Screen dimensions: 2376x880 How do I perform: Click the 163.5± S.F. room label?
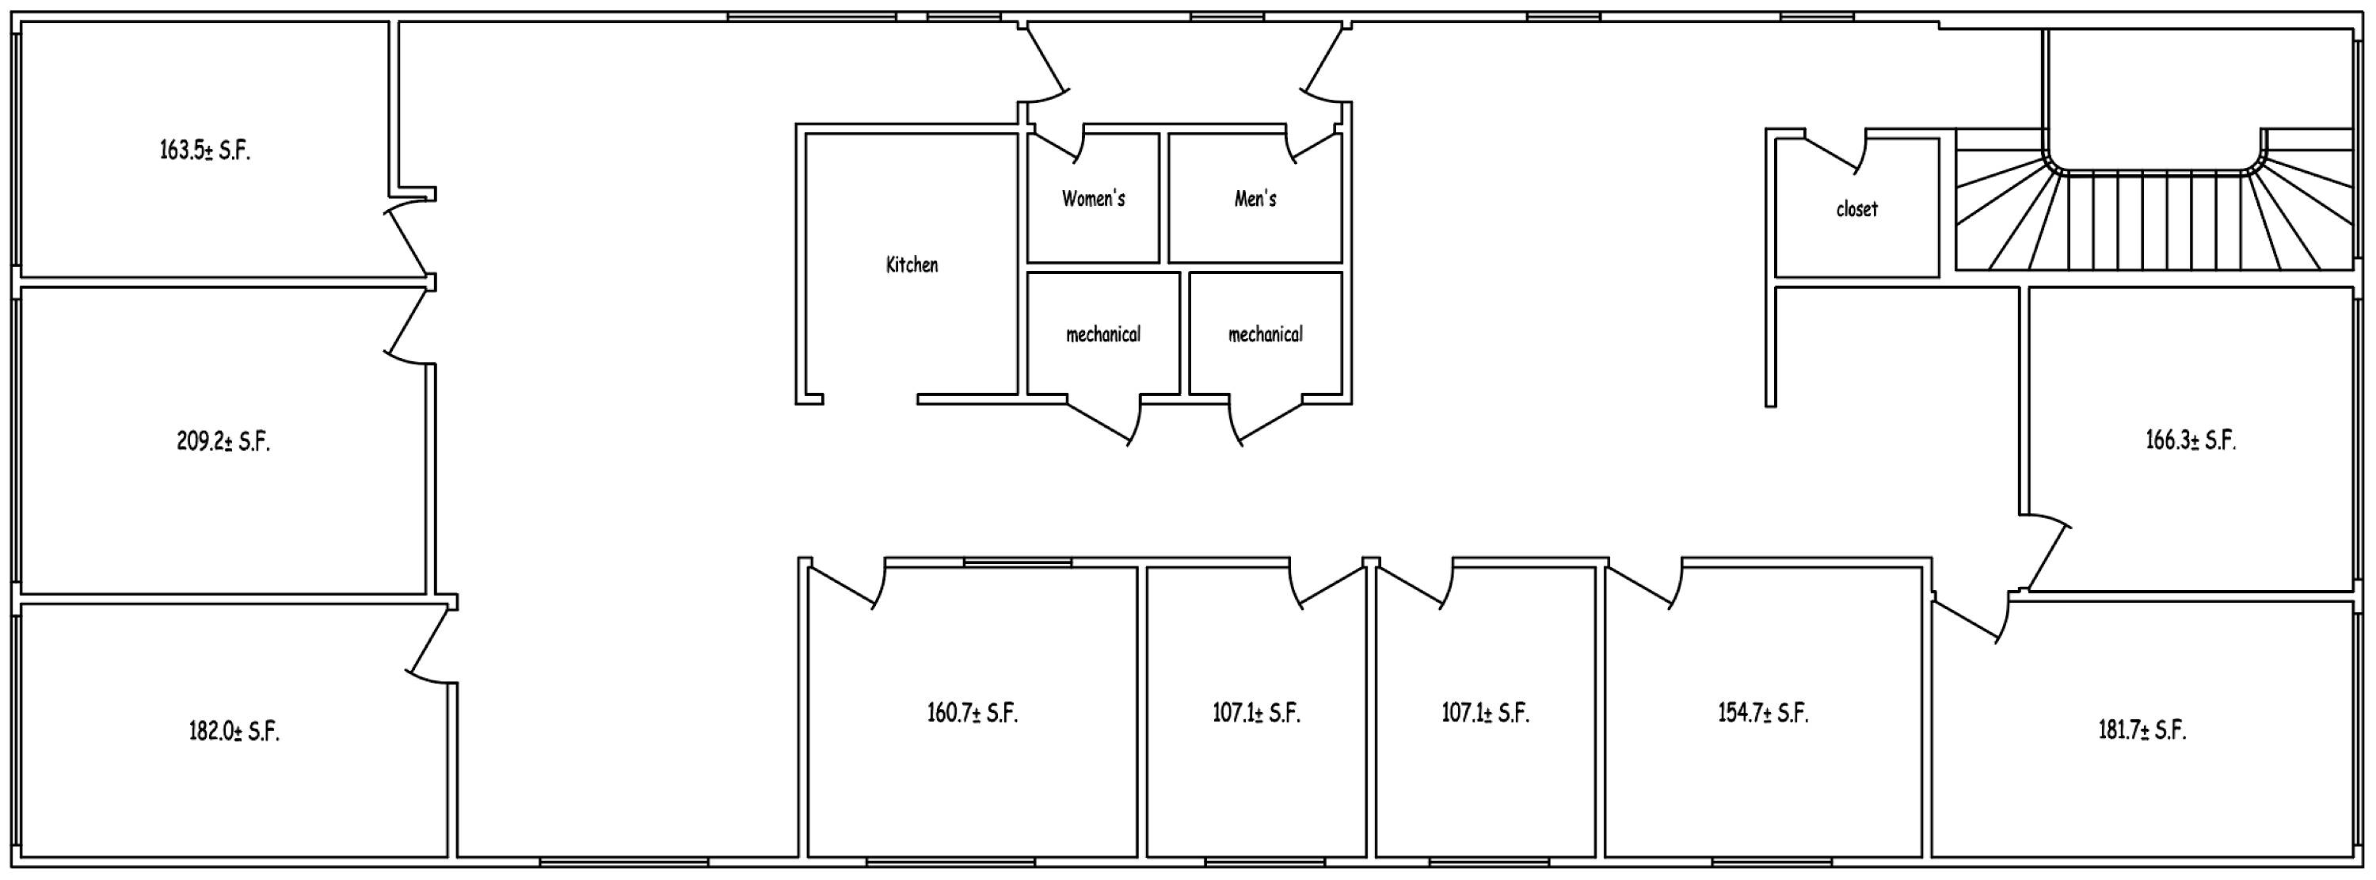[205, 150]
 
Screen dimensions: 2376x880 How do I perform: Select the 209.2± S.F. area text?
[223, 441]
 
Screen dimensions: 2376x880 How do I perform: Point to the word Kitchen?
[912, 265]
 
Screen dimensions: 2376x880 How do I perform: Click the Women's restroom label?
[1093, 198]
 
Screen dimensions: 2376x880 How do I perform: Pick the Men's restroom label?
[1255, 198]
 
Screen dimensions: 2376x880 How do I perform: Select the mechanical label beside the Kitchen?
[1103, 334]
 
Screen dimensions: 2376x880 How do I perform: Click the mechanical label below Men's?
[1266, 334]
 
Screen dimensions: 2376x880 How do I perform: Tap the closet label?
[1856, 208]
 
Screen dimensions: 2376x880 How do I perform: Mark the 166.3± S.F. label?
[2191, 440]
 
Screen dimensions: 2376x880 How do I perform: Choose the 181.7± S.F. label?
[2142, 730]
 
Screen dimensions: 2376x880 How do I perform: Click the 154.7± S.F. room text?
[1764, 712]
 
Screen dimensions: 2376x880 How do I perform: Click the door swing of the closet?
[1836, 153]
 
